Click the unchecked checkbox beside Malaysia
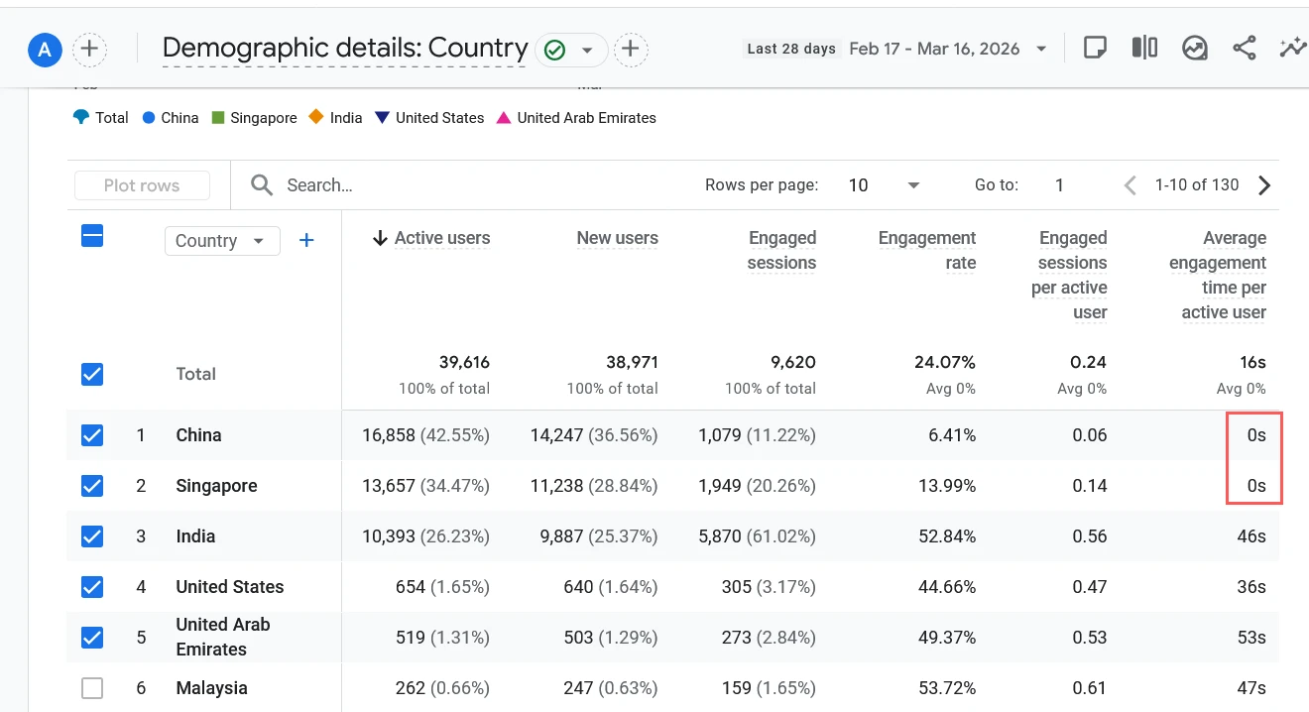(x=92, y=687)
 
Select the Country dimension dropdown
(x=221, y=241)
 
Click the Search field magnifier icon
(x=262, y=185)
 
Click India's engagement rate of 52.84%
(x=946, y=536)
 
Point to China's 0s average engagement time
(x=1255, y=435)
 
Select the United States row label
(x=229, y=587)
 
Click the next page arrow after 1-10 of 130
(x=1264, y=185)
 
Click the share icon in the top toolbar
(x=1244, y=48)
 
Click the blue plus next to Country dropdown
(x=306, y=241)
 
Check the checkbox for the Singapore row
(x=92, y=486)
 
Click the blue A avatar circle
(x=45, y=48)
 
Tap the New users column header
(x=617, y=238)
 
